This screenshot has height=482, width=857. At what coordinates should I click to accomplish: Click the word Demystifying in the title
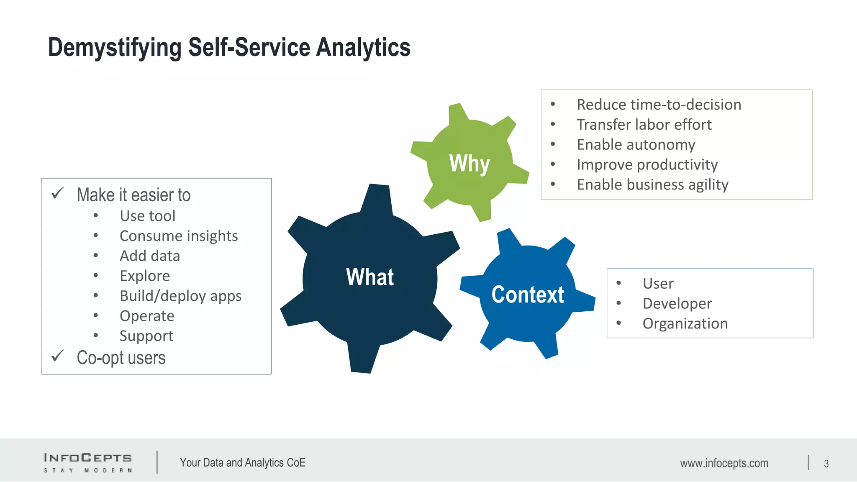click(114, 47)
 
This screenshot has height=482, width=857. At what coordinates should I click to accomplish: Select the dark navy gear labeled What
click(370, 277)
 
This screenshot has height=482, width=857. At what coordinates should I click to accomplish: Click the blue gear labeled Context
click(527, 294)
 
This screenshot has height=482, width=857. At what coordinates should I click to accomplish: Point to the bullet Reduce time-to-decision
click(659, 105)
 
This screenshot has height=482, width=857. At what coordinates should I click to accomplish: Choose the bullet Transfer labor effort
click(644, 125)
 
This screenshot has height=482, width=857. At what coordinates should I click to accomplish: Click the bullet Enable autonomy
click(636, 145)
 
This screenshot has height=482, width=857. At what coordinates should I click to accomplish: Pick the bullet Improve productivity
click(647, 165)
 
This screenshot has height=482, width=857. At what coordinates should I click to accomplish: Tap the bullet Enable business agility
click(652, 185)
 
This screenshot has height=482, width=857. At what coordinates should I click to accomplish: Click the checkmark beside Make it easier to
click(57, 193)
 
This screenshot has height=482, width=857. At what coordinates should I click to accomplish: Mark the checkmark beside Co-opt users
click(57, 356)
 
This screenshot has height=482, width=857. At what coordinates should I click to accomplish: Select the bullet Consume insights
click(179, 236)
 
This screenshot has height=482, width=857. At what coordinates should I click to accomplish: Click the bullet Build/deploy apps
click(180, 296)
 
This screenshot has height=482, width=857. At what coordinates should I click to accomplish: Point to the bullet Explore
click(145, 276)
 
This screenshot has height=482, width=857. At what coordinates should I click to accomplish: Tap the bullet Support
click(146, 336)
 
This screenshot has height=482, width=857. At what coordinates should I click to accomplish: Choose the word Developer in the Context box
click(677, 304)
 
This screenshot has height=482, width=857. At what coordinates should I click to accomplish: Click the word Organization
click(685, 324)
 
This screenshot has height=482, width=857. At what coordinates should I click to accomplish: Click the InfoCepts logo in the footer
click(87, 462)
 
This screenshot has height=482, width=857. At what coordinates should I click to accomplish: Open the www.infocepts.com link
click(724, 463)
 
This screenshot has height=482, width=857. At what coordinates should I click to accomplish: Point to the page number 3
click(826, 464)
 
